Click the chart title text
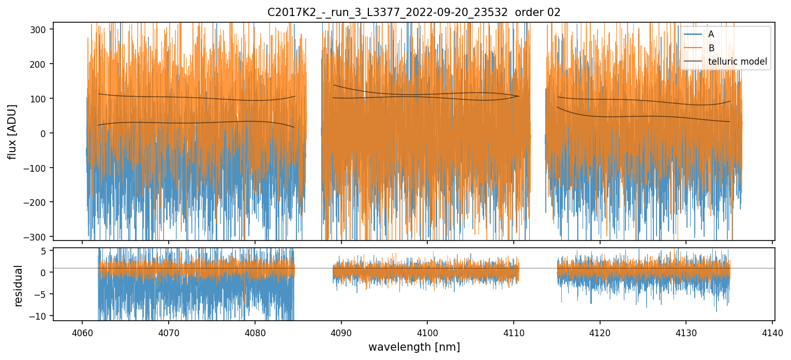pyautogui.click(x=413, y=12)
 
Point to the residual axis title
pyautogui.click(x=19, y=286)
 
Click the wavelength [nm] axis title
pyautogui.click(x=414, y=347)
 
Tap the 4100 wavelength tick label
pyautogui.click(x=427, y=332)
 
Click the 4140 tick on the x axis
pyautogui.click(x=772, y=332)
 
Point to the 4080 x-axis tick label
pyautogui.click(x=255, y=332)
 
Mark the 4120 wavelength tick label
pyautogui.click(x=600, y=332)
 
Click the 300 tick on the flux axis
pyautogui.click(x=40, y=29)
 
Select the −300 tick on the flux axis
pyautogui.click(x=37, y=237)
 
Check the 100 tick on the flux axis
pyautogui.click(x=40, y=99)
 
